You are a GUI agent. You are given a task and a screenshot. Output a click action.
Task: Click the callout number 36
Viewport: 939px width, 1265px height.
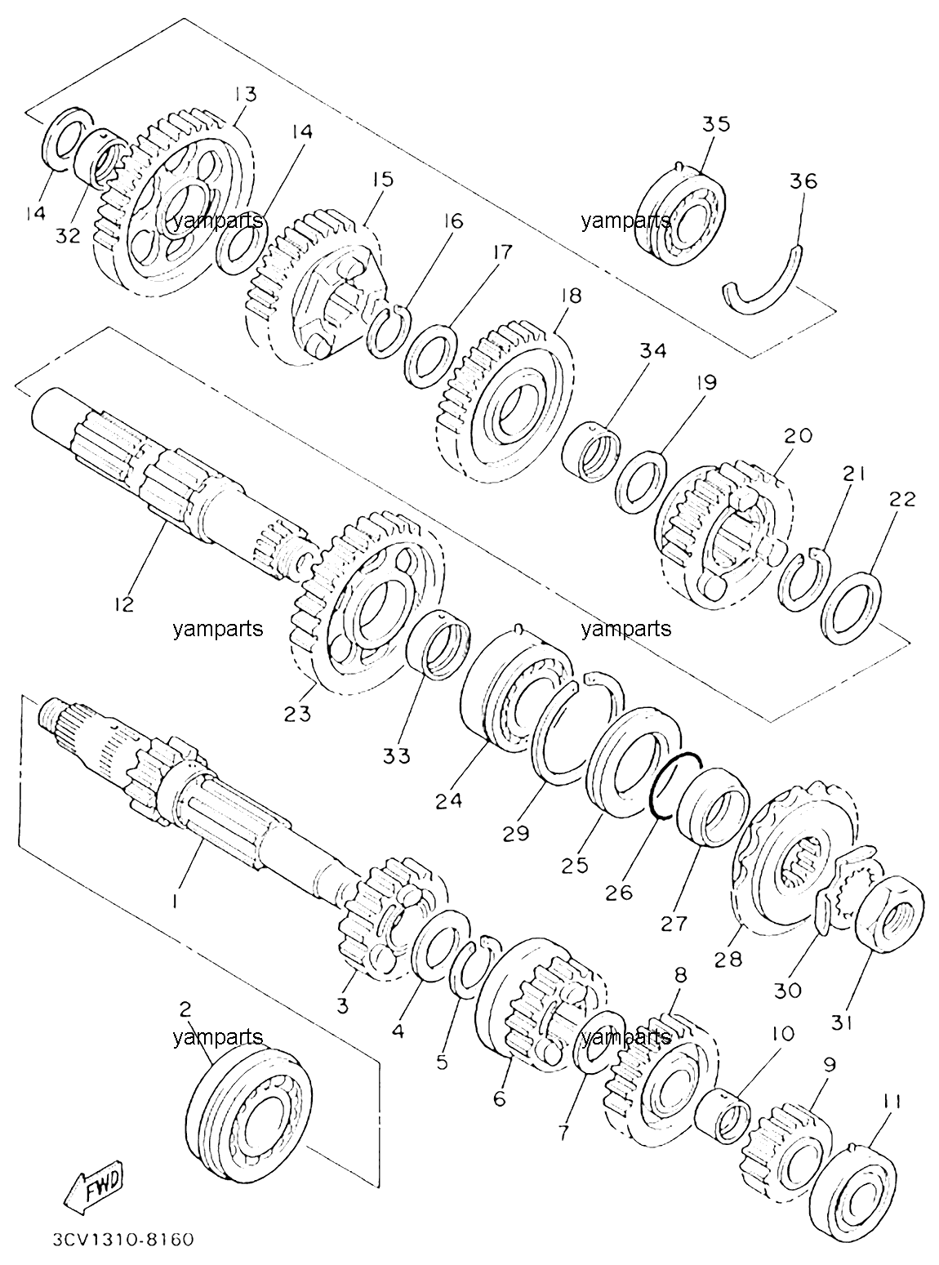[x=803, y=181]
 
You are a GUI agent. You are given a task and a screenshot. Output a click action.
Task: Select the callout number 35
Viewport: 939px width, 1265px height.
[x=716, y=124]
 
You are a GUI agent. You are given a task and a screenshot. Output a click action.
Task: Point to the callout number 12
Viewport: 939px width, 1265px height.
[x=123, y=604]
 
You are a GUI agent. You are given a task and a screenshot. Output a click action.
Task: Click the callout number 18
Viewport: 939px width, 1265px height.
[x=571, y=296]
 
